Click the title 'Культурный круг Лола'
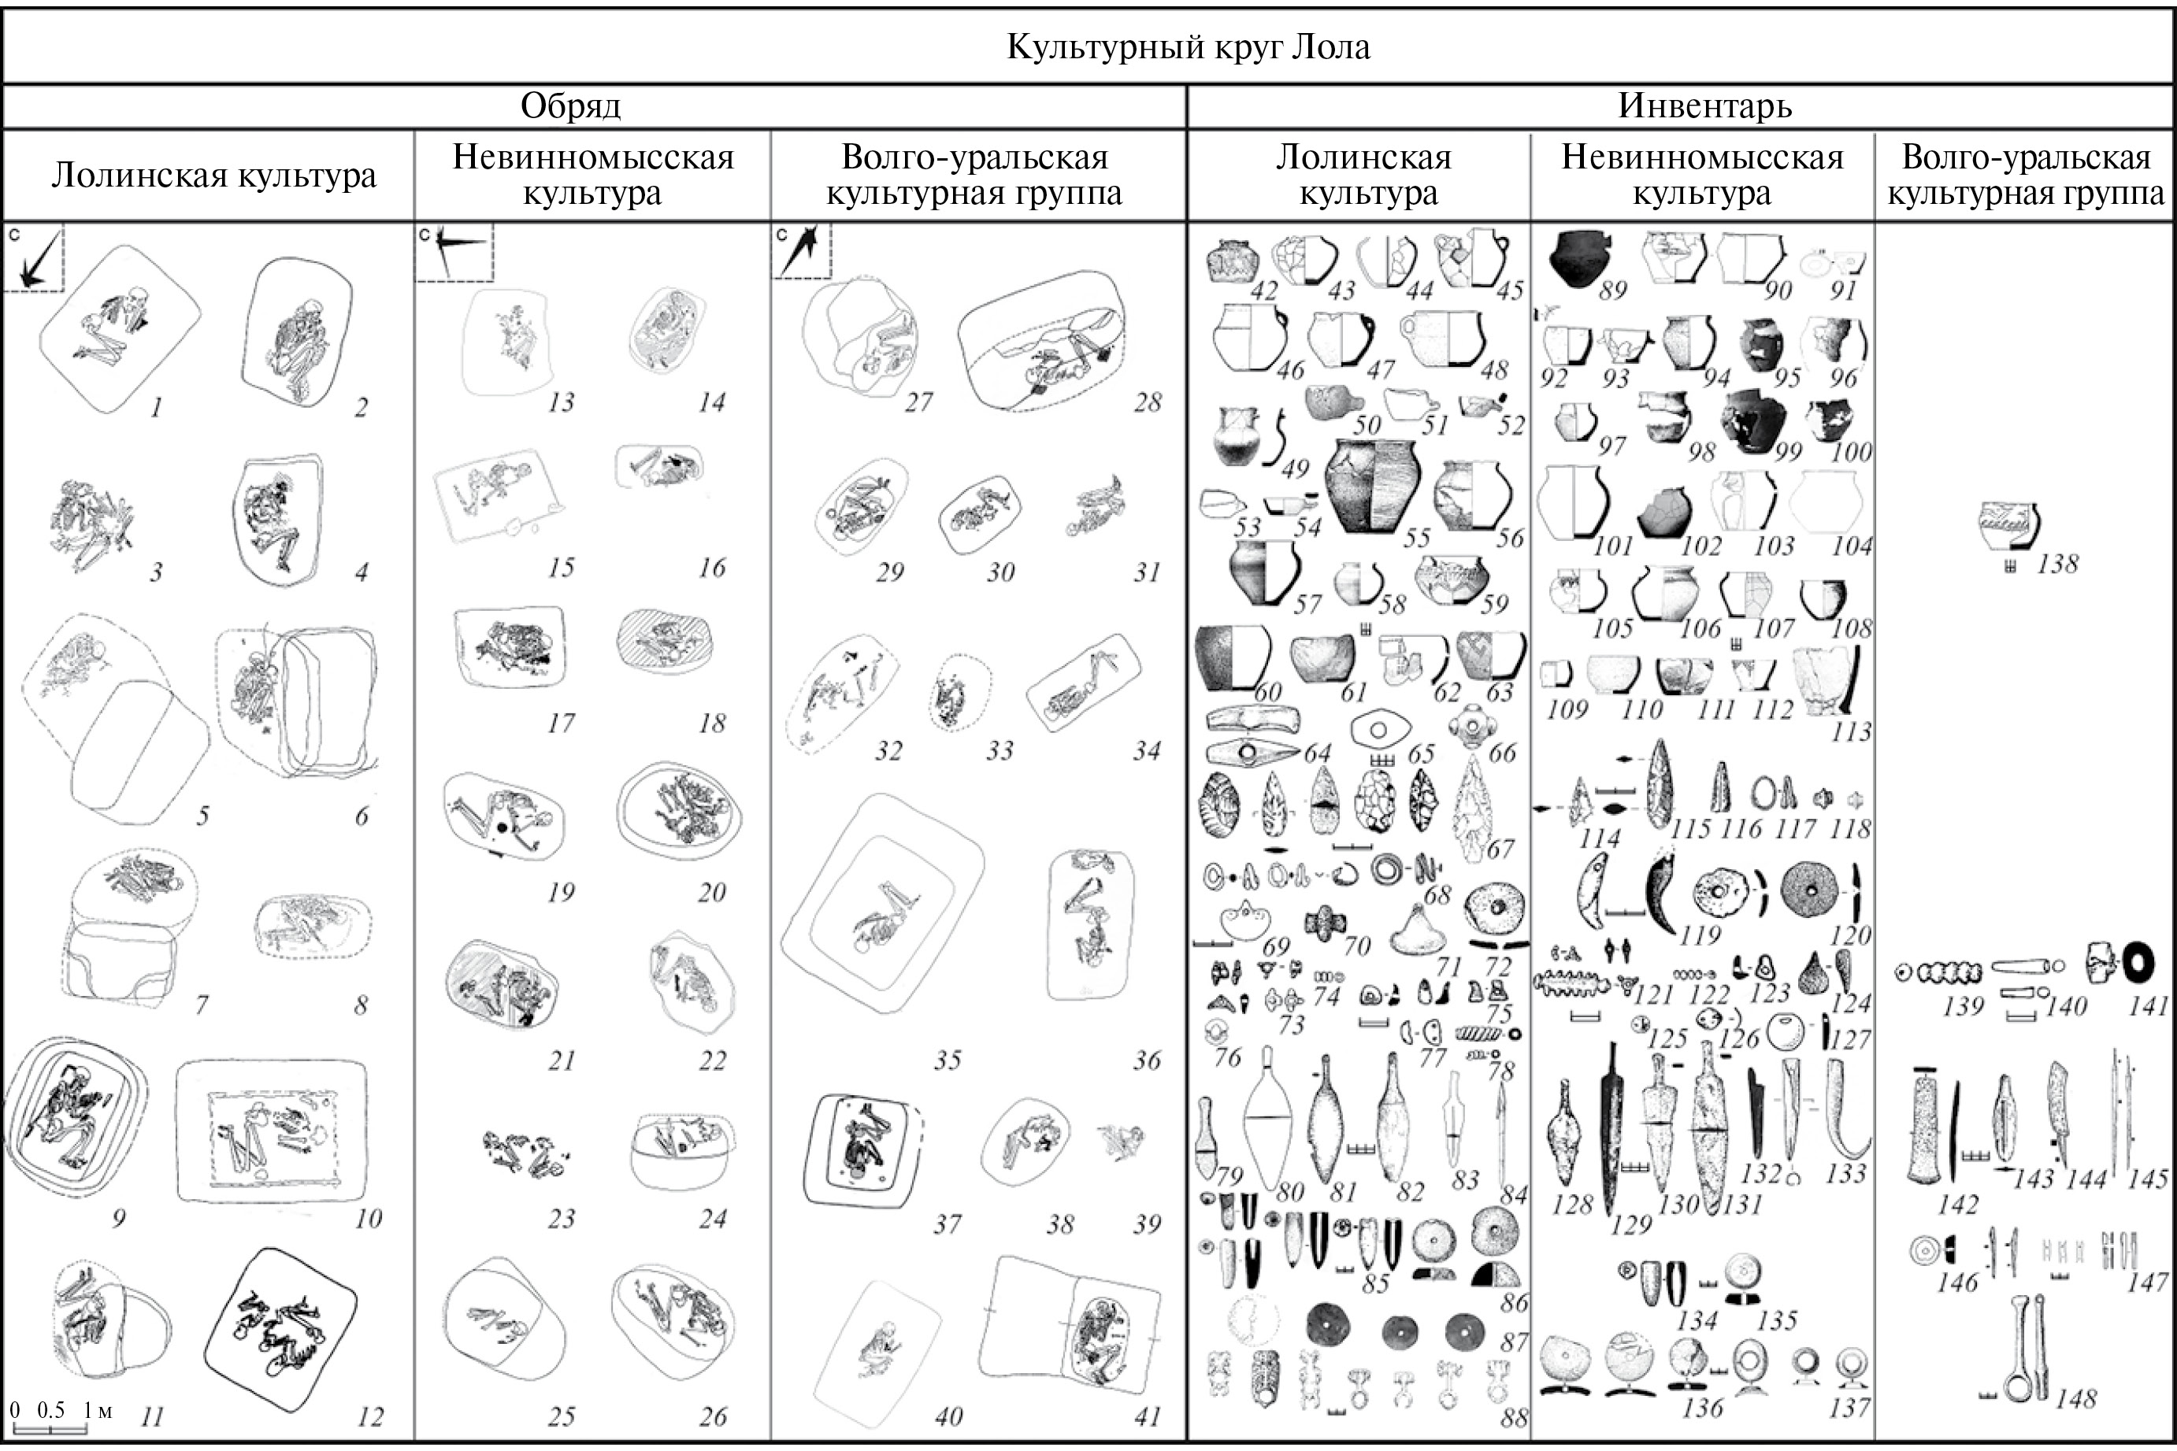click(x=1188, y=46)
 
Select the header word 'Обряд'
click(x=570, y=106)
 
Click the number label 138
click(x=2056, y=564)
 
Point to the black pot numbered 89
click(x=1583, y=258)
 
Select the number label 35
click(x=947, y=1060)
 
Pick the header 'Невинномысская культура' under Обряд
click(x=592, y=175)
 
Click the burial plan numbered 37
click(x=863, y=1150)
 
